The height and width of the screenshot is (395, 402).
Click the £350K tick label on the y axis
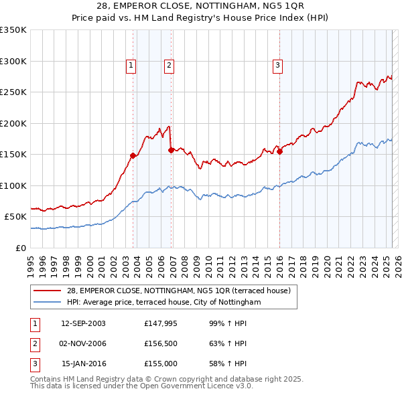[14, 30]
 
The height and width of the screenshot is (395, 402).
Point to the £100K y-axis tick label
[14, 185]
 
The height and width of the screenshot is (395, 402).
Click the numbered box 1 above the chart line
[130, 65]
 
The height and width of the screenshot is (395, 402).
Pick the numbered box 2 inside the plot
[169, 65]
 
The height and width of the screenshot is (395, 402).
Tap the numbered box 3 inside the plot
[277, 65]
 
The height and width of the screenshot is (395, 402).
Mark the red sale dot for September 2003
[133, 155]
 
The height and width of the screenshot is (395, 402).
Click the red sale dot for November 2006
[171, 150]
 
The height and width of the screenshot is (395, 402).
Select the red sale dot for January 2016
[279, 151]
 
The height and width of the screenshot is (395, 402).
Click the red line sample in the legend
[48, 291]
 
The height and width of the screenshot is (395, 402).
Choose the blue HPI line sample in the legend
[48, 302]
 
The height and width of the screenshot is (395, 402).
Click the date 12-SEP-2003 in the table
[83, 323]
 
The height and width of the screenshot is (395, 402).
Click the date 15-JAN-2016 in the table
[83, 364]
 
